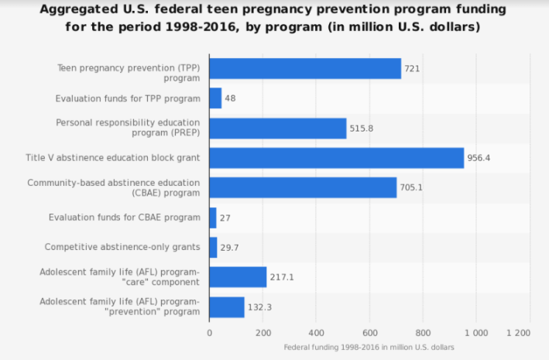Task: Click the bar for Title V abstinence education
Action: [336, 158]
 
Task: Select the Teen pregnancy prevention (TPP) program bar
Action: [305, 68]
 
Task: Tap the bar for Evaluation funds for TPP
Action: [215, 98]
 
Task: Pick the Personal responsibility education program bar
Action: [277, 128]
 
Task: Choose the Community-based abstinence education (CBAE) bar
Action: [303, 187]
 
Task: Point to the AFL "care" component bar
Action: [238, 276]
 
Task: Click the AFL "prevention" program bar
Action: [226, 307]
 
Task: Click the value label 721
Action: [412, 69]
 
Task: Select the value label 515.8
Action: [362, 129]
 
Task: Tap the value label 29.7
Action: [230, 248]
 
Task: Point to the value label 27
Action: [225, 218]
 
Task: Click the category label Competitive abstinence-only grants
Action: [123, 247]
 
